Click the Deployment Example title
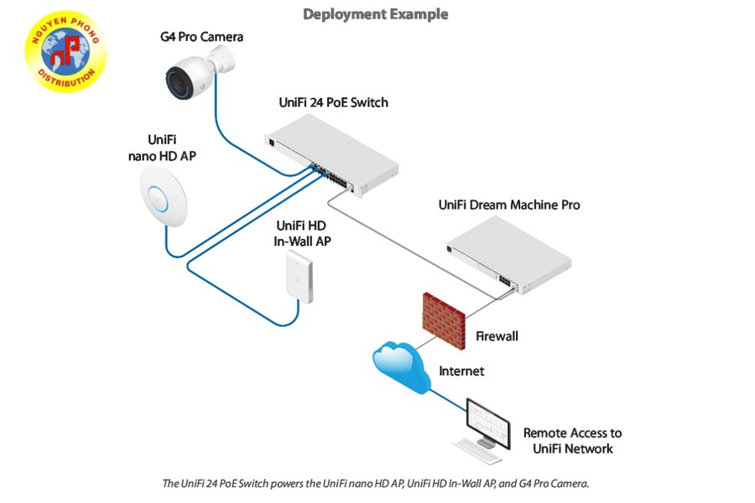point(375,14)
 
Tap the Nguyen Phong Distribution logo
point(66,51)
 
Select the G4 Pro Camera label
point(202,37)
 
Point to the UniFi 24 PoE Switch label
point(333,102)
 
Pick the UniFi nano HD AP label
point(162,148)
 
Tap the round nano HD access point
point(163,194)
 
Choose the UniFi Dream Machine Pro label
point(509,205)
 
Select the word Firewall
point(497,336)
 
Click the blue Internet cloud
point(401,366)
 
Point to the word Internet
point(461,371)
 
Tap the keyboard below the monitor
point(477,454)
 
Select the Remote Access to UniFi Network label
point(572,441)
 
